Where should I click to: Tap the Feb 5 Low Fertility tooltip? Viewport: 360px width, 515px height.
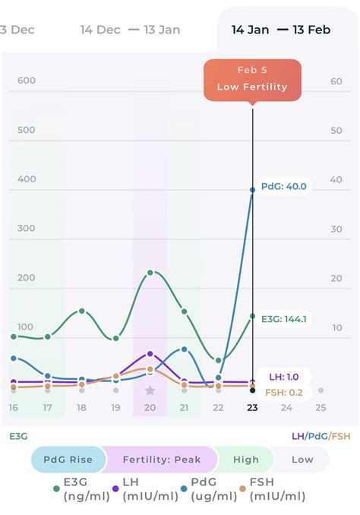[252, 81]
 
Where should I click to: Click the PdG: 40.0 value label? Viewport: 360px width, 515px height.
[283, 187]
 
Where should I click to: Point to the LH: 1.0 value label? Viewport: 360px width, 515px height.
[284, 377]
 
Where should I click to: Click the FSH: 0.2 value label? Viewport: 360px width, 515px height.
[285, 393]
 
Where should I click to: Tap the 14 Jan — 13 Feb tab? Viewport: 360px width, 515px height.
[281, 30]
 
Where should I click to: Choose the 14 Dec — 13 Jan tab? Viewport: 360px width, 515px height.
[130, 30]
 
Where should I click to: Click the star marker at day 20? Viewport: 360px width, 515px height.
[150, 390]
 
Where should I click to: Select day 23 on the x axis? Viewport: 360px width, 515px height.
[252, 408]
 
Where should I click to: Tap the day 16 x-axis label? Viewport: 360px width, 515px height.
[13, 408]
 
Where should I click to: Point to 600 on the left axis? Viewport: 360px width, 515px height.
[27, 81]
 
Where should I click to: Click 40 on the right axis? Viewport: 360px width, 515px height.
[336, 180]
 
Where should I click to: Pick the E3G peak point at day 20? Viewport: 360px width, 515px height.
[150, 272]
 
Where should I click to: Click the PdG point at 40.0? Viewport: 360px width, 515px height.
[253, 190]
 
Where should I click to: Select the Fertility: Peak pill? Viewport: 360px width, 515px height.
[163, 460]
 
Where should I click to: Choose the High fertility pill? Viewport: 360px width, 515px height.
[245, 460]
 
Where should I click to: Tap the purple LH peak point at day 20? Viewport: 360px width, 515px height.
[150, 354]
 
